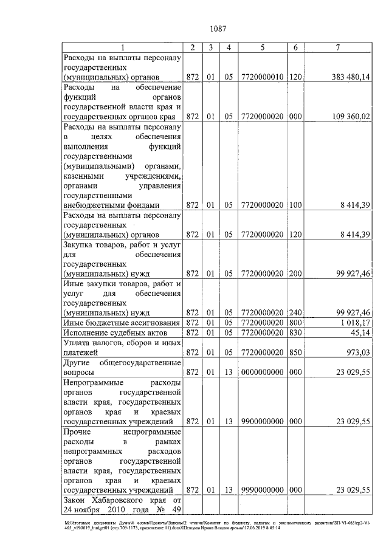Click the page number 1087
[x=218, y=27]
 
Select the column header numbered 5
[x=262, y=47]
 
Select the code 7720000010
[x=262, y=77]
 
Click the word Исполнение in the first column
[x=88, y=332]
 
